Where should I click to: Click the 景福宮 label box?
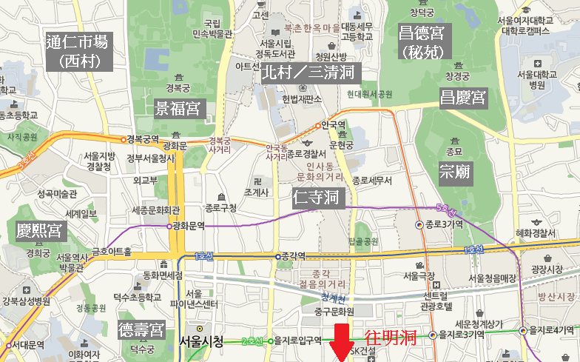point(178,109)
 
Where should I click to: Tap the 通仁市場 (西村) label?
point(77,51)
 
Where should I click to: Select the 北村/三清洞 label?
point(307,73)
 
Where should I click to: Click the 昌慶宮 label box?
point(462,97)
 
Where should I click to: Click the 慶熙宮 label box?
point(38,231)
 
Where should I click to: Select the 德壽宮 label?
point(141,329)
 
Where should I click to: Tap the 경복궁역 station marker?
point(124,139)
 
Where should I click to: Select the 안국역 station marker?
point(320,124)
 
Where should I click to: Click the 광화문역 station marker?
point(170,226)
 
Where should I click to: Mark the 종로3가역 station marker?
point(419,224)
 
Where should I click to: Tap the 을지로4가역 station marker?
point(523,331)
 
